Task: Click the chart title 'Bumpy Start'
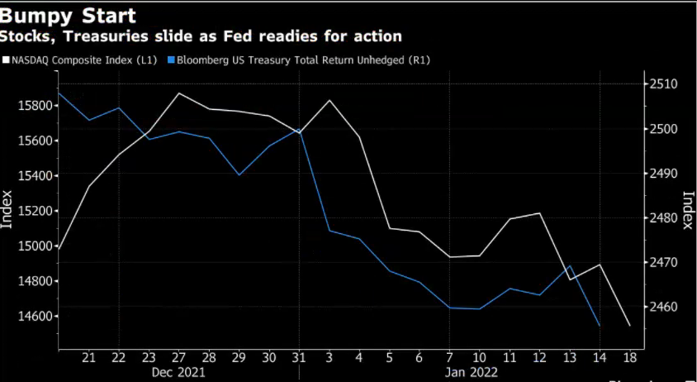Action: [x=69, y=16]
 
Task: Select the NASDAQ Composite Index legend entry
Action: [x=78, y=60]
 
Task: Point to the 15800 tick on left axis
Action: [x=34, y=106]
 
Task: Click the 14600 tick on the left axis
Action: [x=34, y=317]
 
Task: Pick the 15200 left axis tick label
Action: [x=34, y=211]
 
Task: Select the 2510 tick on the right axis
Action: [x=663, y=84]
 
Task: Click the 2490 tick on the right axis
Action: [x=663, y=174]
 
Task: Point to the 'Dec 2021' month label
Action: [x=178, y=372]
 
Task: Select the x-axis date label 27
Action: [x=178, y=357]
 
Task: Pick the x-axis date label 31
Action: [x=299, y=357]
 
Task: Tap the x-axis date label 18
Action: [x=629, y=357]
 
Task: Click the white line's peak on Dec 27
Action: [x=178, y=93]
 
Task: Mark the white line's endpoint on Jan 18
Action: [x=629, y=326]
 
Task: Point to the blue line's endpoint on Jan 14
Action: [x=599, y=326]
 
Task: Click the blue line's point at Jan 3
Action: [x=330, y=230]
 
